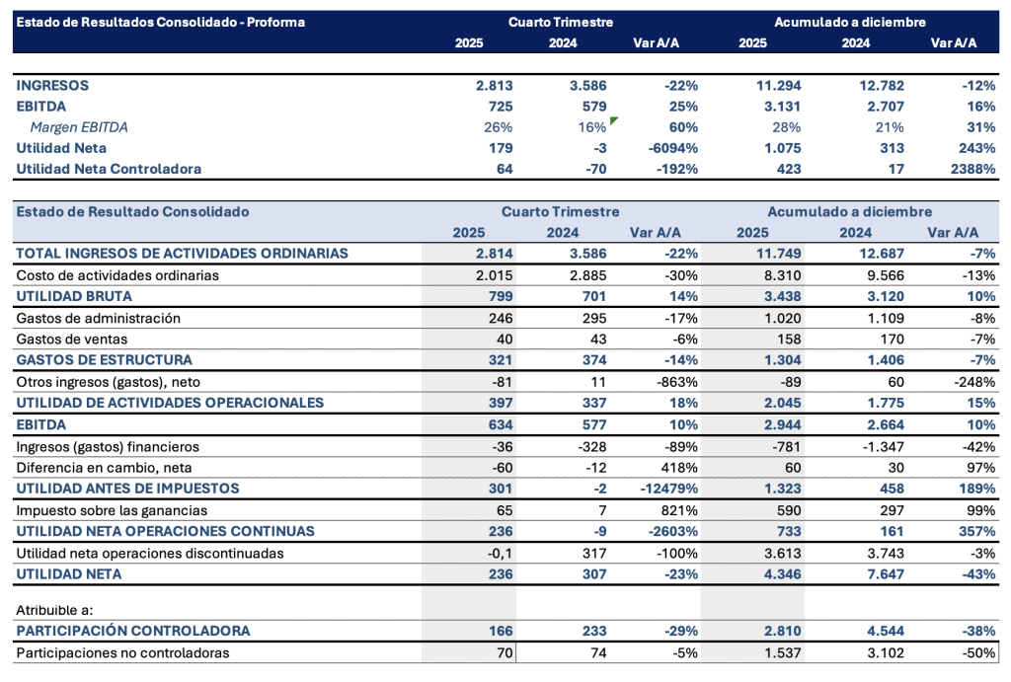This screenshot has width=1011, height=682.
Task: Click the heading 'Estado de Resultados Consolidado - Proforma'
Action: [161, 22]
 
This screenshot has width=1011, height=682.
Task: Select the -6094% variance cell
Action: [674, 148]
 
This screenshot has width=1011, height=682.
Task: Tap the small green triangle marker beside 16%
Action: [614, 120]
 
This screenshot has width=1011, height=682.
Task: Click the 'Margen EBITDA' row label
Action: [79, 127]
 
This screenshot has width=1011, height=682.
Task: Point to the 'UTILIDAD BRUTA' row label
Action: [74, 296]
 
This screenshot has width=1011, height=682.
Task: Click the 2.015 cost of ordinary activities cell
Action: [494, 275]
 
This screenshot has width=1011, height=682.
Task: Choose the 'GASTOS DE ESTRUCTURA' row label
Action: [104, 360]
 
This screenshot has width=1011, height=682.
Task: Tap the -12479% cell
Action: [668, 489]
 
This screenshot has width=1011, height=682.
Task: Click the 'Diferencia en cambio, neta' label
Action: [103, 467]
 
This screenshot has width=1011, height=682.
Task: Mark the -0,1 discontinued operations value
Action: [500, 553]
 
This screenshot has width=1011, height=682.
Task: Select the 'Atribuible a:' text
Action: [54, 610]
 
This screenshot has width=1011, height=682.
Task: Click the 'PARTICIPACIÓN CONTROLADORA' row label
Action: [133, 631]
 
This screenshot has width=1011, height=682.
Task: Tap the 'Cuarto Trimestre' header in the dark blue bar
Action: [561, 22]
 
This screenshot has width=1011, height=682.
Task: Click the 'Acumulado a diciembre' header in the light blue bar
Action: [849, 211]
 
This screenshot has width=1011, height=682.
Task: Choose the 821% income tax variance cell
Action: [679, 510]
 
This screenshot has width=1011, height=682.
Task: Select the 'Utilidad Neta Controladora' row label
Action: [109, 169]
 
